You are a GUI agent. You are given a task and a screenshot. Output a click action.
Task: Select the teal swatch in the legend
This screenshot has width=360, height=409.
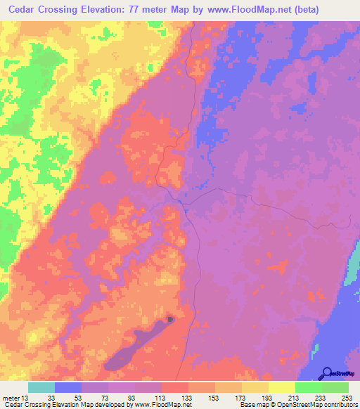[x=41, y=387]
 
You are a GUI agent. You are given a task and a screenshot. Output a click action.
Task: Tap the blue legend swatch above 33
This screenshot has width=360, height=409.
[x=68, y=387]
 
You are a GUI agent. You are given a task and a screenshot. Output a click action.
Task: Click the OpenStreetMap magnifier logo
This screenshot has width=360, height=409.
[x=327, y=372]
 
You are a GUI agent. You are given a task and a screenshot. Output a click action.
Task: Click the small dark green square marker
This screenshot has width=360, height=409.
[x=171, y=320]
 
